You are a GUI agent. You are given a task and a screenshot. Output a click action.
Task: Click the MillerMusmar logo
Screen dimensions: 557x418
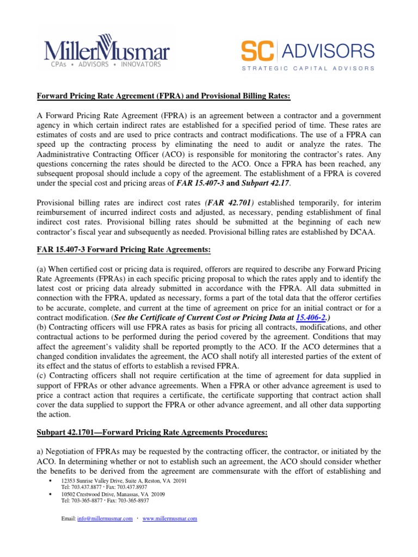tap(107, 53)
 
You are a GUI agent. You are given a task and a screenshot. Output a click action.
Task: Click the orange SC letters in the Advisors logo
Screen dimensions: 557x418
tap(258, 52)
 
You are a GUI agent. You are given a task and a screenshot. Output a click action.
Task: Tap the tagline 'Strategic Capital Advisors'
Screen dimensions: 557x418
tap(308, 69)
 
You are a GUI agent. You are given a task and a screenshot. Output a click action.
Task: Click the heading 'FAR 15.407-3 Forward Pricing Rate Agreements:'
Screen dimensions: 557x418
tap(123, 250)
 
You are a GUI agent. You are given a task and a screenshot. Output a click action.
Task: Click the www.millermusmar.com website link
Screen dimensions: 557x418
tap(169, 519)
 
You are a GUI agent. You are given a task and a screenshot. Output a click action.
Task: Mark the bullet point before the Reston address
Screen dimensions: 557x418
tap(50, 481)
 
